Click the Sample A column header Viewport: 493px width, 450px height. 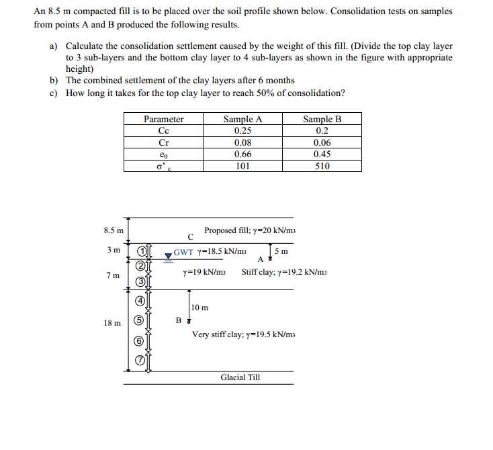[242, 120]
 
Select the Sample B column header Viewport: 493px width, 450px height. [322, 120]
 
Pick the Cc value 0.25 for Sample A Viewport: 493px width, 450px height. [242, 131]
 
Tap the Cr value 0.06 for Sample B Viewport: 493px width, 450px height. [322, 142]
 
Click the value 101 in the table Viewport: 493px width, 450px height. [242, 166]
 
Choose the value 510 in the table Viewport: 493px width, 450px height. [322, 166]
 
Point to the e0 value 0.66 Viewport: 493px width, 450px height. [242, 154]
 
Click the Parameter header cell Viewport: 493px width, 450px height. [163, 120]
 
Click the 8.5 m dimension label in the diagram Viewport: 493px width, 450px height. [114, 230]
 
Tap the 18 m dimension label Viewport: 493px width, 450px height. [112, 323]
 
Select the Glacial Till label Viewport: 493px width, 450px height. [240, 377]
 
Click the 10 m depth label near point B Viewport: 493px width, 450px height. [199, 308]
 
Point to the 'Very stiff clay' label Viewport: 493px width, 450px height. [243, 334]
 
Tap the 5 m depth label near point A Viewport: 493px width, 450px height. [283, 252]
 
